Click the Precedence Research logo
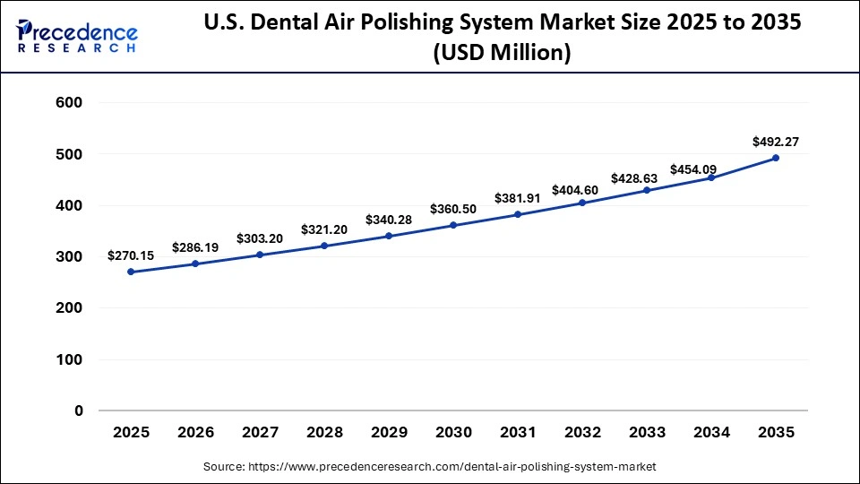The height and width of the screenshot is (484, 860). click(x=77, y=37)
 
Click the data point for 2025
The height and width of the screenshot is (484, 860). click(x=131, y=272)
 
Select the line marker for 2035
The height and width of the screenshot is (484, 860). click(x=776, y=158)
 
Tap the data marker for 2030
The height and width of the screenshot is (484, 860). click(x=453, y=225)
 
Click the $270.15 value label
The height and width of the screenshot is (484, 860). click(x=131, y=255)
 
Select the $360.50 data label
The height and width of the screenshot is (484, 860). click(x=453, y=209)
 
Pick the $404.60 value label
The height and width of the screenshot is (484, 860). click(x=582, y=189)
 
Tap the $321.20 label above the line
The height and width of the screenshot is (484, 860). click(x=324, y=229)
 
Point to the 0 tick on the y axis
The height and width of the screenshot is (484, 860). click(x=78, y=411)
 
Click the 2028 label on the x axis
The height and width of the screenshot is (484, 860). click(x=324, y=433)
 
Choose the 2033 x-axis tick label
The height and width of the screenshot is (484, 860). click(x=647, y=433)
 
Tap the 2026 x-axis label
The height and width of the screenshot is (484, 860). click(x=195, y=433)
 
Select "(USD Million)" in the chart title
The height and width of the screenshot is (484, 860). click(x=502, y=54)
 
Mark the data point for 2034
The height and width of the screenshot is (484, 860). click(x=711, y=177)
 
